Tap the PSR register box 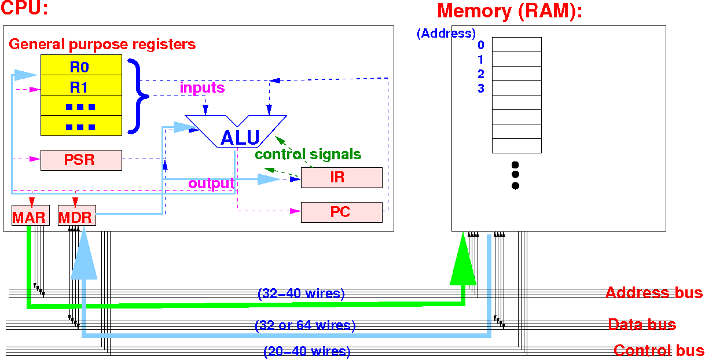pos(81,160)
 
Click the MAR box pos(29,218)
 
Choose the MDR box pos(76,218)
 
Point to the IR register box pos(342,177)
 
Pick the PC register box pos(342,212)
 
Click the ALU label pos(240,138)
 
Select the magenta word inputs pos(202,88)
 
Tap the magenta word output pos(211,183)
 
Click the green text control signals pos(308,155)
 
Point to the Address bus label pos(654,292)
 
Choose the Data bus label pos(642,324)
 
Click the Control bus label pos(659,350)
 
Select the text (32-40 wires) pos(301,294)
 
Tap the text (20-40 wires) pos(307,351)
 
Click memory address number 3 pos(481,89)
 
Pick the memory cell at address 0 pos(516,45)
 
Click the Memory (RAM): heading pos(509,11)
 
